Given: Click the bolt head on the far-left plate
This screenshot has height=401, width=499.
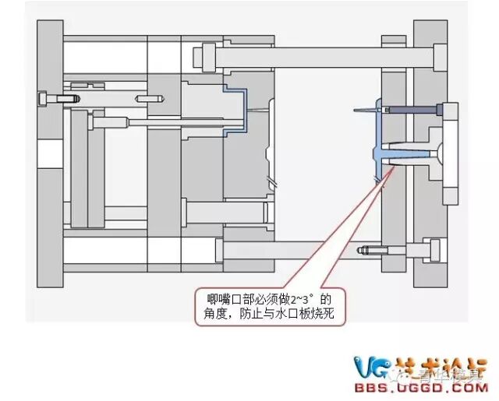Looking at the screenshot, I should click(x=43, y=100).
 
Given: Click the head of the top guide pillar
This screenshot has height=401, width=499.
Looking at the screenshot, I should click(x=207, y=57).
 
